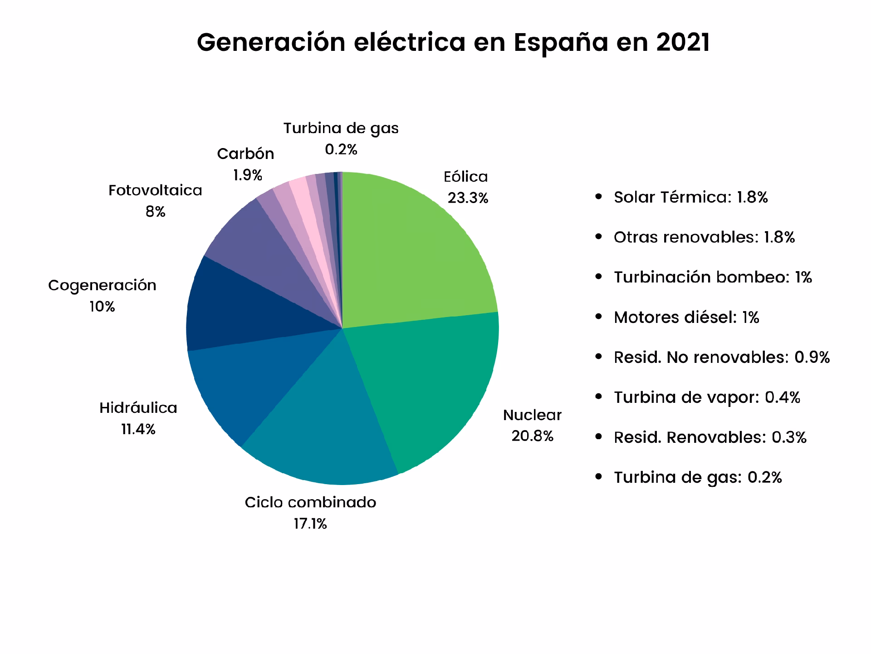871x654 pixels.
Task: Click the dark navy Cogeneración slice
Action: (240, 309)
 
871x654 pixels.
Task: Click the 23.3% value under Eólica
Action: (468, 198)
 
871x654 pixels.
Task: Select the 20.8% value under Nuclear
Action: (532, 436)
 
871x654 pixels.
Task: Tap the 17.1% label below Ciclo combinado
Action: (310, 524)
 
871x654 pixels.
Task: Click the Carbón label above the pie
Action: (245, 154)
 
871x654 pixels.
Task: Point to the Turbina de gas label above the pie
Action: (341, 129)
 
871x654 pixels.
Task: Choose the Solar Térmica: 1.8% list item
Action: (690, 198)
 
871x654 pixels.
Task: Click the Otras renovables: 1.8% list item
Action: (704, 238)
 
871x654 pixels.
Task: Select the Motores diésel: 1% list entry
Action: (686, 317)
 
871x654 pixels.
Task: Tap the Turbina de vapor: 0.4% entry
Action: (707, 397)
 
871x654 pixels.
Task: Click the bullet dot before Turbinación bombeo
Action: (599, 277)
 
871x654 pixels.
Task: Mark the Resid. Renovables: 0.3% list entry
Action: (710, 437)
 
